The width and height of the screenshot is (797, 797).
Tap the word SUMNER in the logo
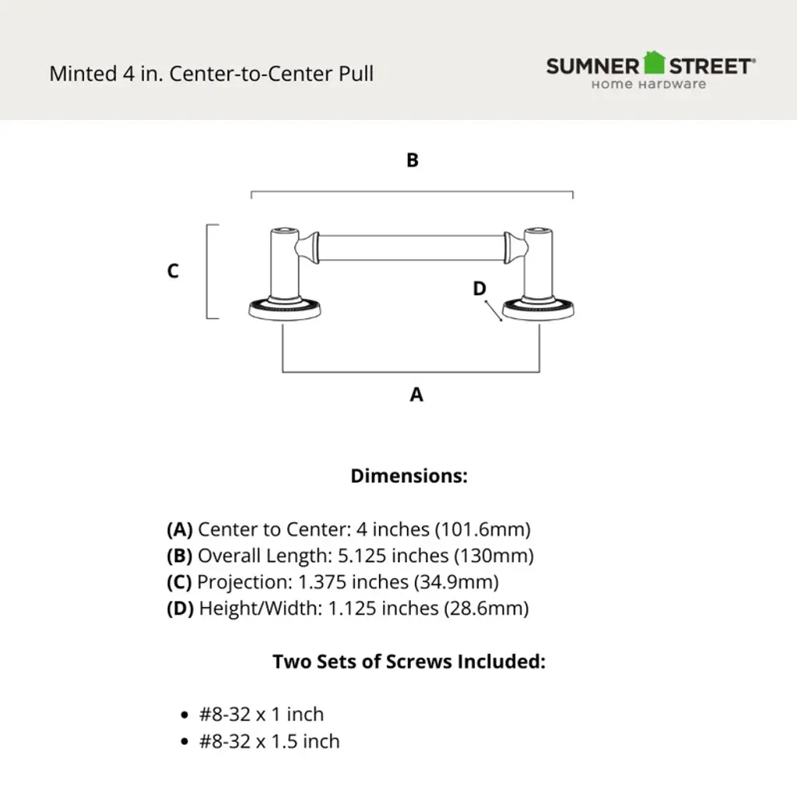point(592,67)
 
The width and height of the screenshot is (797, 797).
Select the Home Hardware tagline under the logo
point(648,84)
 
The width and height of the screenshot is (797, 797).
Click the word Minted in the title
point(83,74)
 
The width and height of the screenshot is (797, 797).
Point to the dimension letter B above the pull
point(413,160)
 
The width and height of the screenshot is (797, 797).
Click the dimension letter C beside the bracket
point(173,270)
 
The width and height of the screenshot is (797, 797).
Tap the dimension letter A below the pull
point(416,395)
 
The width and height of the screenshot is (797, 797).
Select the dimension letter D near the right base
point(479,289)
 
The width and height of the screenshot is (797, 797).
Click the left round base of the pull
point(285,310)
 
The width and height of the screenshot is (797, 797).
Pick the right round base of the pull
point(539,310)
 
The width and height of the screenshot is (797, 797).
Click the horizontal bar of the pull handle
point(411,248)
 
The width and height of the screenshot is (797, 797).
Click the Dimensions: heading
point(409,476)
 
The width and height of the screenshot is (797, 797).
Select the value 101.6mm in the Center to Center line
point(483,529)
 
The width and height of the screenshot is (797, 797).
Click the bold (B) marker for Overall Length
point(180,556)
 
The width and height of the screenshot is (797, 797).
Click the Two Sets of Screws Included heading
point(409,662)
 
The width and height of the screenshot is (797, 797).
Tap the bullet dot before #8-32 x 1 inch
point(184,715)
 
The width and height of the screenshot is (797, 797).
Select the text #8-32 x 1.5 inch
point(269,742)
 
